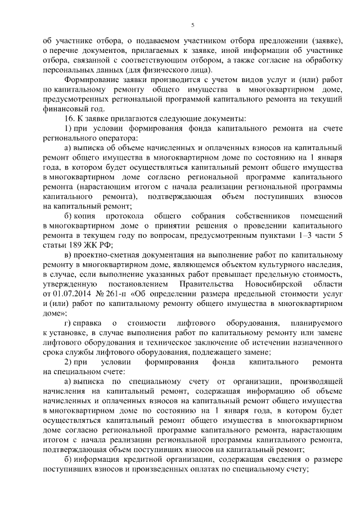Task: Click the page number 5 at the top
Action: pyautogui.click(x=192, y=25)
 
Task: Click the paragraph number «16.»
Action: pyautogui.click(x=69, y=119)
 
